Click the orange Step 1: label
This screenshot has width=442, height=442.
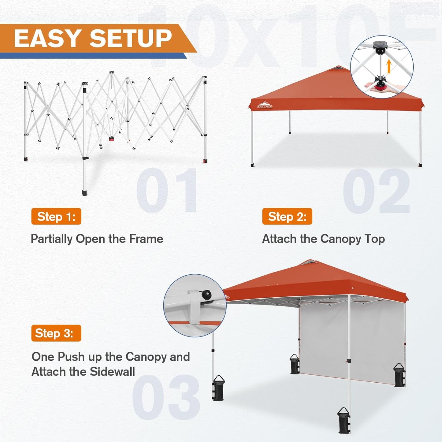tap(56, 217)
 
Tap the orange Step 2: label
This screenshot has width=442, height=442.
tap(287, 217)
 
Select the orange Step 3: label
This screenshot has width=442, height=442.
tap(56, 333)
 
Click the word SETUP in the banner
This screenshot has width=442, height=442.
tap(131, 39)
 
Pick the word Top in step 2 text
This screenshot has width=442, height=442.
tap(375, 239)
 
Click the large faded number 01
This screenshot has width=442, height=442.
tap(167, 190)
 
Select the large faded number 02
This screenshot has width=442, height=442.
tap(376, 191)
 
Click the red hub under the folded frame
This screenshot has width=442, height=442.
tap(111, 139)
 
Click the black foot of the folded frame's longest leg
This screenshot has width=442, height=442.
tap(84, 193)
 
